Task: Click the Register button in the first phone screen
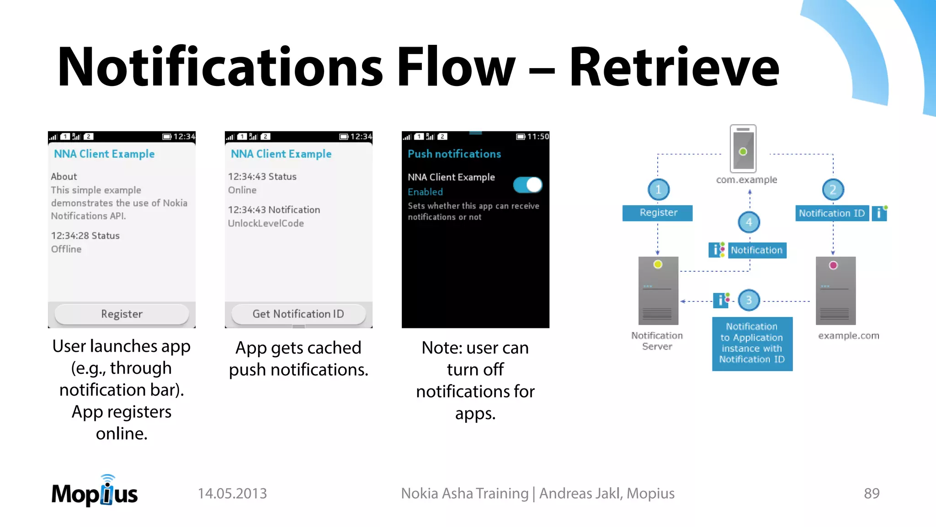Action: (122, 314)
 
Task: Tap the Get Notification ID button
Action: (298, 314)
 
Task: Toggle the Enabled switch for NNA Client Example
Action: (527, 185)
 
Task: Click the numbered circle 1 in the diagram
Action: (659, 189)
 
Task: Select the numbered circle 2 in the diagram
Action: (833, 189)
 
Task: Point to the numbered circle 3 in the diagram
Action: (749, 300)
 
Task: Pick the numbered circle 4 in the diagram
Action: (749, 222)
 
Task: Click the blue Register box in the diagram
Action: (658, 213)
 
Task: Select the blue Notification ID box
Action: (832, 213)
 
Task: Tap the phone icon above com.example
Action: (743, 148)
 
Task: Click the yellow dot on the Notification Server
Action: (658, 264)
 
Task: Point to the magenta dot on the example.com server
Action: (833, 265)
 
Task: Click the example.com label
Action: (848, 336)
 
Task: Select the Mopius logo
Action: (95, 492)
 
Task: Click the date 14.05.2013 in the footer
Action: (232, 494)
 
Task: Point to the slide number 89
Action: (872, 494)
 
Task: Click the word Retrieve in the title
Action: (674, 67)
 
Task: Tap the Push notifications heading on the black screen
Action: (454, 154)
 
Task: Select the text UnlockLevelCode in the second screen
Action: (266, 223)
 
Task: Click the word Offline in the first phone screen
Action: (66, 249)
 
